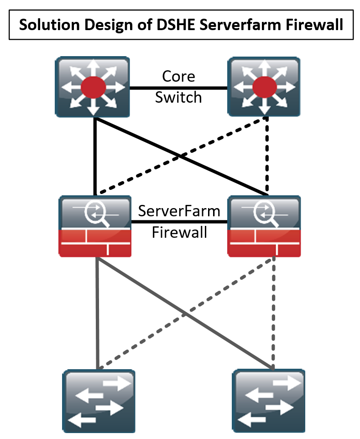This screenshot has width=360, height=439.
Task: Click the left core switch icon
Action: click(x=93, y=87)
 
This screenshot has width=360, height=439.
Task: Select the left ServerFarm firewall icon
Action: click(x=95, y=226)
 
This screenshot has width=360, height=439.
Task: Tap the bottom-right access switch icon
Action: click(x=269, y=401)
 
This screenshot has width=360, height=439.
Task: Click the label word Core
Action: click(x=178, y=76)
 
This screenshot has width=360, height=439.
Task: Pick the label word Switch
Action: click(x=178, y=97)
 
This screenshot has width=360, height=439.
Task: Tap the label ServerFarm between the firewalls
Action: click(x=179, y=211)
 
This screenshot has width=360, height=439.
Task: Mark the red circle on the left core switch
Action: click(x=93, y=87)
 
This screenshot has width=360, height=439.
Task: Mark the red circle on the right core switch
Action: click(x=264, y=87)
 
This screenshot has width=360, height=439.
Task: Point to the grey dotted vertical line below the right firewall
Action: click(x=274, y=315)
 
